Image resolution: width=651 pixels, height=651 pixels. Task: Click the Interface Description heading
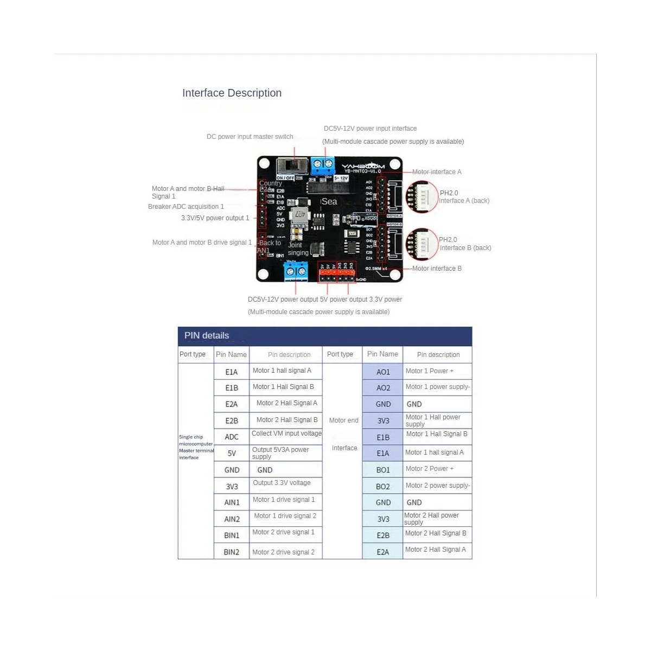232,93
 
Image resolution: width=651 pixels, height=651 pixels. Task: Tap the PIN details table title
207,335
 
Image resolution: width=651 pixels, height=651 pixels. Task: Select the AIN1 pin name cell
232,502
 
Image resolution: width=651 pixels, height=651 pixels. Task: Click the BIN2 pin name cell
232,552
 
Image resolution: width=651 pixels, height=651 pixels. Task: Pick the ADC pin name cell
232,437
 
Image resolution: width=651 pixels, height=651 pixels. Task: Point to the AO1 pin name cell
383,372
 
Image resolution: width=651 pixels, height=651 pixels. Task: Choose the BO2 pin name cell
383,487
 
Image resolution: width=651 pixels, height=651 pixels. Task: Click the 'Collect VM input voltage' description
286,433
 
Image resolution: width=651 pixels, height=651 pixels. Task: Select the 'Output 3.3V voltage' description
282,483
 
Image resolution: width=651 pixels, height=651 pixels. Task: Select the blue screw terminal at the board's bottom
296,270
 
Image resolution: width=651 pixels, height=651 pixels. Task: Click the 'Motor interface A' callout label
437,172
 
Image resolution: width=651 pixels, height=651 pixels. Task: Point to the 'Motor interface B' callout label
437,269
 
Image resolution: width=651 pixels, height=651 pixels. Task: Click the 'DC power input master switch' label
250,137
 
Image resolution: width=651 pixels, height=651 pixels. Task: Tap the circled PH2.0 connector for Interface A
422,196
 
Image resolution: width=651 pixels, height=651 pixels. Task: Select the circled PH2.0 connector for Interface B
422,244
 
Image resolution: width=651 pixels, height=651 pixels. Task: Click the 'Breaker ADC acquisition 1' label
186,207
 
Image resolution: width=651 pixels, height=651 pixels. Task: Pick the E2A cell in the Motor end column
383,552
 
